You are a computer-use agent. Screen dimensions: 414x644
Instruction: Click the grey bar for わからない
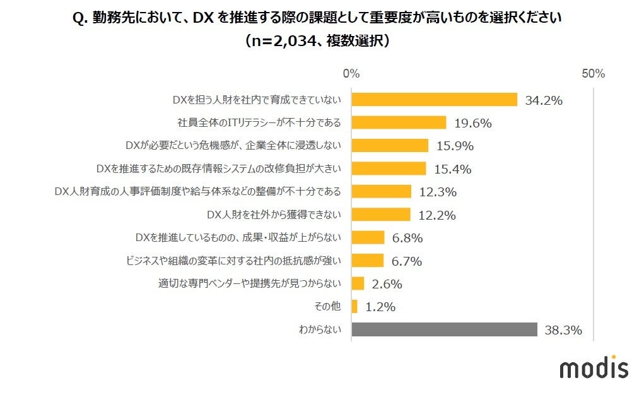click(444, 329)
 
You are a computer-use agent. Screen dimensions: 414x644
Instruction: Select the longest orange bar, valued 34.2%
click(434, 100)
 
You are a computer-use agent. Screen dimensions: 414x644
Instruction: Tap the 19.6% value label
click(472, 123)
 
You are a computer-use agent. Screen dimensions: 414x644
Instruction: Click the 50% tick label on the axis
click(593, 74)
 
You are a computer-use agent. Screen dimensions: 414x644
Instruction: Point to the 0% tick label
click(351, 74)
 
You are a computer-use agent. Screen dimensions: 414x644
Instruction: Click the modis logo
click(594, 367)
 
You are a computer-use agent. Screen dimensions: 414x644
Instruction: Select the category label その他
click(327, 307)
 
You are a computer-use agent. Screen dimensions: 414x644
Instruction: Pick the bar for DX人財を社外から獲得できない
click(381, 215)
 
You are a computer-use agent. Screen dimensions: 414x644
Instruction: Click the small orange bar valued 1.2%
click(354, 307)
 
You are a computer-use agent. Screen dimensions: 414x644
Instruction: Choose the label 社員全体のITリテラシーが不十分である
click(259, 122)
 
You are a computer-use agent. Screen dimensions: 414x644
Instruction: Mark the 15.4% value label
click(452, 169)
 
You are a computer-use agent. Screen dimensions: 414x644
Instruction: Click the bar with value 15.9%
click(390, 146)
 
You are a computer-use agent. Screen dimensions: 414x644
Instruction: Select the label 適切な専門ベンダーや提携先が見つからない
click(250, 283)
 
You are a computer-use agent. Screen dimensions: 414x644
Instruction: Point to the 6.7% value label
click(407, 261)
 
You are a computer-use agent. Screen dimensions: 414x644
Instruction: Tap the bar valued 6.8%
click(368, 238)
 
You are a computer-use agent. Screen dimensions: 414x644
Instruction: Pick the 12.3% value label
click(438, 192)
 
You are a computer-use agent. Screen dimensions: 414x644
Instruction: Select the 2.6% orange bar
click(358, 283)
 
